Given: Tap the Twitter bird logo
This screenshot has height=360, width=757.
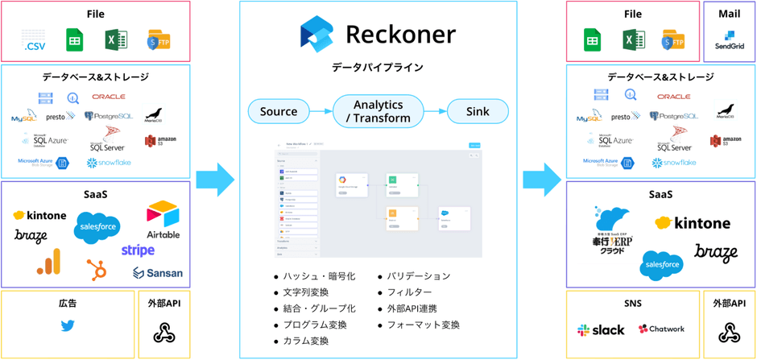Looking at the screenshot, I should point(68,326).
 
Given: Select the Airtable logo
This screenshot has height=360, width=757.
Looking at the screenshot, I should point(163,220).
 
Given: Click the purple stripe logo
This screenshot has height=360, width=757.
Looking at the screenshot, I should point(138,250).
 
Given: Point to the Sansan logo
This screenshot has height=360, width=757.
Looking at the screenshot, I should point(158,273).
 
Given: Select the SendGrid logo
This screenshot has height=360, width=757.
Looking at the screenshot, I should point(729,39).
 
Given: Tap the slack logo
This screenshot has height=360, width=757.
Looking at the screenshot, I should point(601,329).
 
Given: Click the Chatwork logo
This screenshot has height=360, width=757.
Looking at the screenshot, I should point(661,329).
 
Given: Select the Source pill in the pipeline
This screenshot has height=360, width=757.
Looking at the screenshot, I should point(279,111).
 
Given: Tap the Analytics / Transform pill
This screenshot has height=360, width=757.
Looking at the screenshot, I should point(378,111).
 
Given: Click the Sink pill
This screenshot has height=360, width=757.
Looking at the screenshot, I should point(478,111).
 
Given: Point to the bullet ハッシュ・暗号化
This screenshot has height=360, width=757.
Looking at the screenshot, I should point(319,276).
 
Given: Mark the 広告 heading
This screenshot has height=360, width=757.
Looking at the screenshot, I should point(68,303).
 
